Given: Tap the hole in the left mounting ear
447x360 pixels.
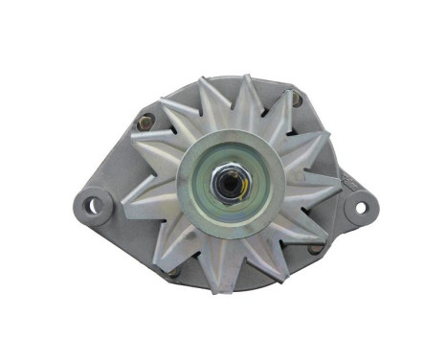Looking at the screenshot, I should click(93, 204).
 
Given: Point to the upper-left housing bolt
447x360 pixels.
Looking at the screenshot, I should click(146, 122).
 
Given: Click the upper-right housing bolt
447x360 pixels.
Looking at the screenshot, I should click(296, 99).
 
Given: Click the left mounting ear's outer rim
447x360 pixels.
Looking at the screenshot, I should click(78, 204).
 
